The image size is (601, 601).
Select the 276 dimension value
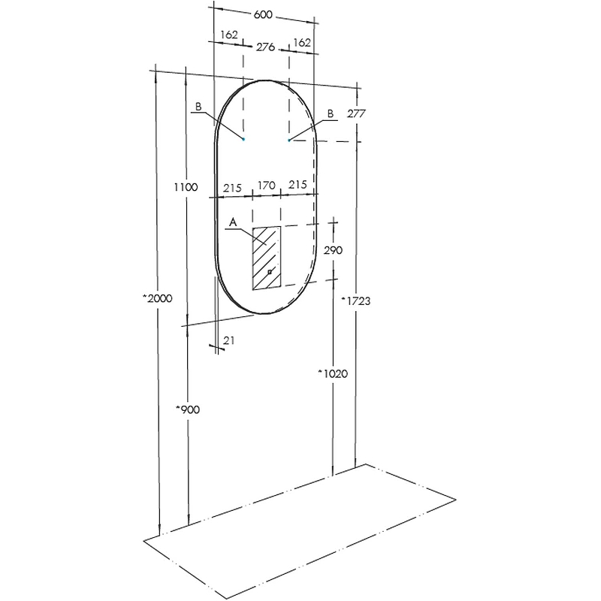click(265, 47)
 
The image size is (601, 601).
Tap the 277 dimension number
click(356, 113)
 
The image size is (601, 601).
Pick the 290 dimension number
click(332, 250)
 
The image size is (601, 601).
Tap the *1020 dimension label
click(330, 373)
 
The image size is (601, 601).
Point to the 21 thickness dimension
click(230, 341)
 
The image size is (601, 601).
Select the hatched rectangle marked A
click(266, 257)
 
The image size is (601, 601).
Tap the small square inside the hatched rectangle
click(270, 270)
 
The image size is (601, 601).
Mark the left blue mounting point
click(243, 139)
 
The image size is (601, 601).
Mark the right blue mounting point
click(288, 140)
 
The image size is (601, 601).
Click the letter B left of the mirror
click(198, 107)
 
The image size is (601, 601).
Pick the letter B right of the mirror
click(330, 113)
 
